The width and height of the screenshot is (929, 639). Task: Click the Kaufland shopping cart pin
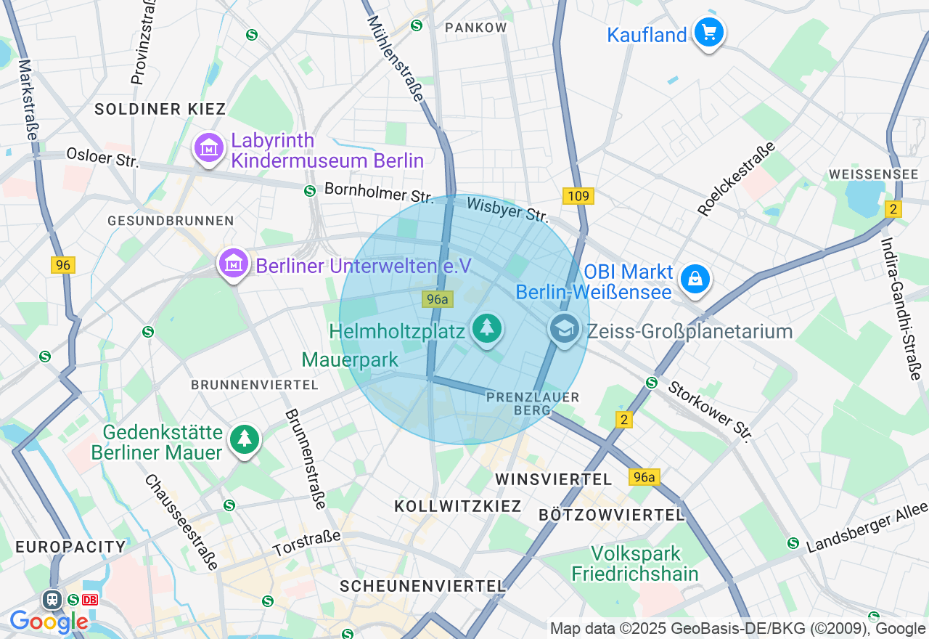[708, 33]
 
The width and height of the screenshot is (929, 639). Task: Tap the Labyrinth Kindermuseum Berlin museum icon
[209, 148]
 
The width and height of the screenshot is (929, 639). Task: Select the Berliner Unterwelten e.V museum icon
[234, 264]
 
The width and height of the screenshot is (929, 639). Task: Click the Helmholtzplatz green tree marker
[486, 329]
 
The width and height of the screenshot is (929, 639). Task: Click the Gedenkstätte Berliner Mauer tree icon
[245, 439]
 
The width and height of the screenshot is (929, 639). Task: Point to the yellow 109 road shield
[578, 196]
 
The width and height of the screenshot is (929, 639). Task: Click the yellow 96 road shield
[63, 265]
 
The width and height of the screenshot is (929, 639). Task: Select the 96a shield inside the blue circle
[438, 298]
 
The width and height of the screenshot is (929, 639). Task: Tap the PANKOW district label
[476, 28]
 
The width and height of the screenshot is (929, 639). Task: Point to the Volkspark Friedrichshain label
[634, 563]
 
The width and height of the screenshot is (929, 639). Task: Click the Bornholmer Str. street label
[378, 192]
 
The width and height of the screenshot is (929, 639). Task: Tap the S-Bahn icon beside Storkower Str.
[652, 383]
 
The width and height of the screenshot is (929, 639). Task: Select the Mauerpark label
[351, 359]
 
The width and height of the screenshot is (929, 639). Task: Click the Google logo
[49, 622]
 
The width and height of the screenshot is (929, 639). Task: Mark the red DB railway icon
[90, 600]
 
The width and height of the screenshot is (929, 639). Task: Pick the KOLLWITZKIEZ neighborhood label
[458, 506]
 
